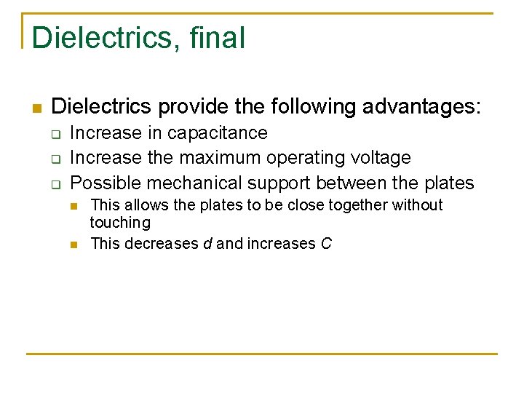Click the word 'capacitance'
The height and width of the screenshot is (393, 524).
click(218, 133)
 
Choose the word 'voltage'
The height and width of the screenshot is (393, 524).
click(381, 158)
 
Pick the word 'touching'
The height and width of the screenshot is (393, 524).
click(120, 223)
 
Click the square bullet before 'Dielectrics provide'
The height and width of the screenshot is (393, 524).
click(36, 108)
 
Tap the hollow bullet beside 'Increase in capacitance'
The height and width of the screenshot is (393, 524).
click(53, 134)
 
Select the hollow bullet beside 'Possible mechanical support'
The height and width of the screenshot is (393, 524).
click(53, 183)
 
